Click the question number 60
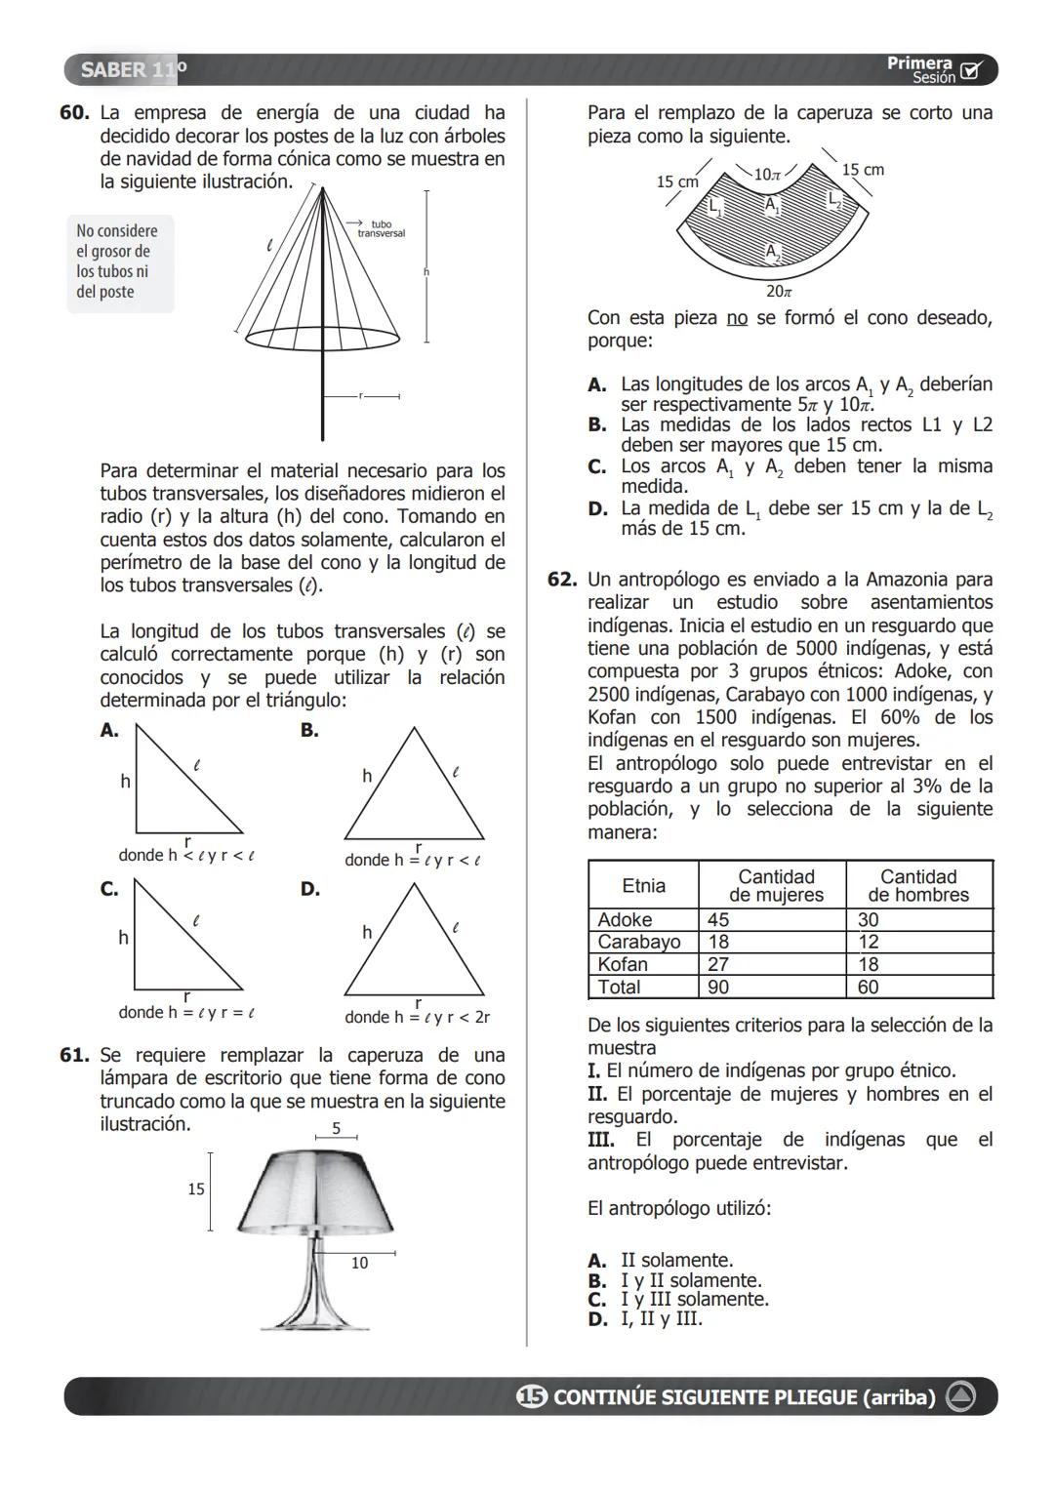(x=74, y=113)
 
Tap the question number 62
(x=562, y=580)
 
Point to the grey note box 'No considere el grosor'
(x=119, y=262)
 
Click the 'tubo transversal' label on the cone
(x=380, y=229)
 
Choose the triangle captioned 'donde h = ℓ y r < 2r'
(x=414, y=942)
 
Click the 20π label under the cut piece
(x=779, y=292)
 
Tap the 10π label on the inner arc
(x=768, y=175)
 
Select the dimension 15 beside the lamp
(x=196, y=1190)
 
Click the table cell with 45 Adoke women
(x=718, y=919)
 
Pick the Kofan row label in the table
(x=623, y=964)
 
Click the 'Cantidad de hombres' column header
(x=918, y=886)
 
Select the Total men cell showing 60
(x=868, y=988)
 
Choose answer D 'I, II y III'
(x=661, y=1319)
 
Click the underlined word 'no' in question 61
(x=737, y=318)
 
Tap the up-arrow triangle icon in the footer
(x=960, y=1397)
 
